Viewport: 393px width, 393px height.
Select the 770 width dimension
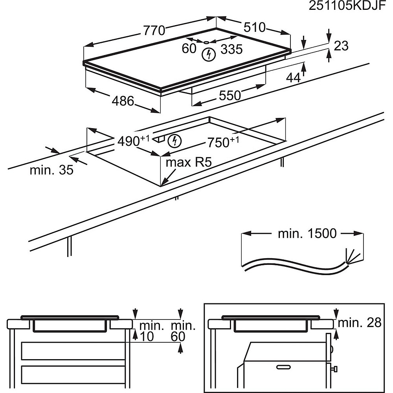point(154,30)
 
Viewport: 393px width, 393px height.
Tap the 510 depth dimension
point(254,27)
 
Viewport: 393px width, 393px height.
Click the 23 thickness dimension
point(341,46)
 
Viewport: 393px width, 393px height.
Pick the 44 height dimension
point(293,78)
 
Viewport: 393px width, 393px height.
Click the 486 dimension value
point(123,101)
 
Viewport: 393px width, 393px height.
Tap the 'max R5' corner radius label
point(186,163)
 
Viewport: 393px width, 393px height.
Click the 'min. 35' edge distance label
point(51,171)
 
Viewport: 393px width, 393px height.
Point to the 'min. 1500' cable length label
point(307,233)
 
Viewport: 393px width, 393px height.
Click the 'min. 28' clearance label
point(360,323)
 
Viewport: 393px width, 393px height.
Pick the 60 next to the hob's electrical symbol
point(189,49)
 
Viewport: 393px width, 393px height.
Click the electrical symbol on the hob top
point(209,54)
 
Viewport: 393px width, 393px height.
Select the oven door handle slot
point(285,367)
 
